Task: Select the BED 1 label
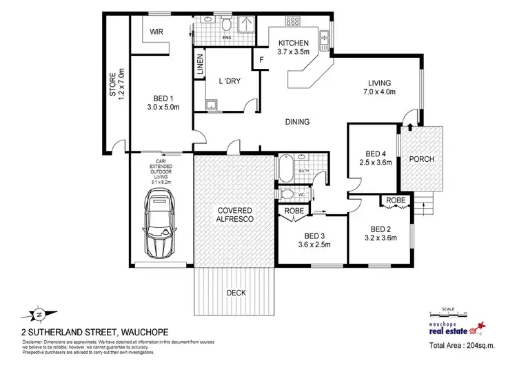163,102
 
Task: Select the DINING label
297,122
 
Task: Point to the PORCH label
421,159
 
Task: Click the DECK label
236,292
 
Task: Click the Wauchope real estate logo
458,328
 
